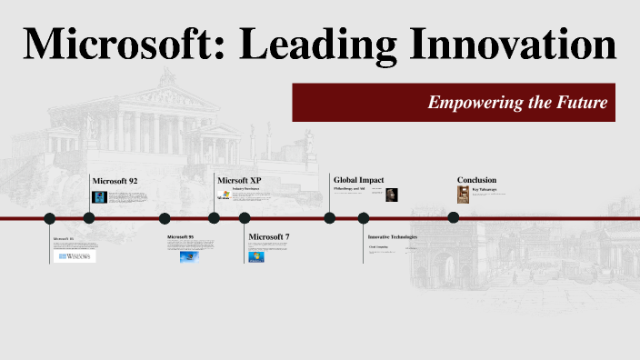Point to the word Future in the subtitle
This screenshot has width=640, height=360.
point(581,103)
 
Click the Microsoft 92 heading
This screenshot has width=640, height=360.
point(115,180)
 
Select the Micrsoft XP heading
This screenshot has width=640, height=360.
point(239,180)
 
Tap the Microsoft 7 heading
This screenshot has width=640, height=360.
point(269,237)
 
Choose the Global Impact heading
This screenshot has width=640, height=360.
point(359,180)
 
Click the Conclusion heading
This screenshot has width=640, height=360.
point(476,180)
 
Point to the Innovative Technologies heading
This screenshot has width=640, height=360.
point(392,236)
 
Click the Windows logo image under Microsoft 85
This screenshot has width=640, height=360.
point(76,257)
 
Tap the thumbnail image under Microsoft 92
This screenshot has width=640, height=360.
point(99,196)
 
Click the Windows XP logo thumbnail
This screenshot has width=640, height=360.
point(223,195)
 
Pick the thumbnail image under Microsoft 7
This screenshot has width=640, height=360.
point(256,256)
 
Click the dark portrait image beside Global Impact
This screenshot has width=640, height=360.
point(392,195)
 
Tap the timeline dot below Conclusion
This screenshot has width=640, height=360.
point(454,217)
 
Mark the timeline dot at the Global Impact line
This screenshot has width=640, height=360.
point(330,218)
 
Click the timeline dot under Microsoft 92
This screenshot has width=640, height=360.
point(89,218)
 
